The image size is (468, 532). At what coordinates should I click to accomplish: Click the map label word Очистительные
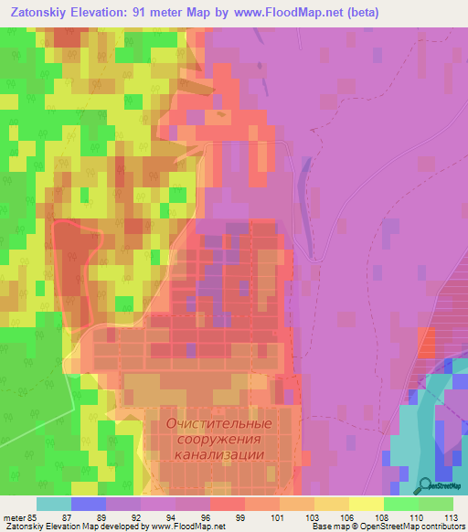(219, 423)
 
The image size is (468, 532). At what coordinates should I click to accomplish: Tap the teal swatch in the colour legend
(54, 504)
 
